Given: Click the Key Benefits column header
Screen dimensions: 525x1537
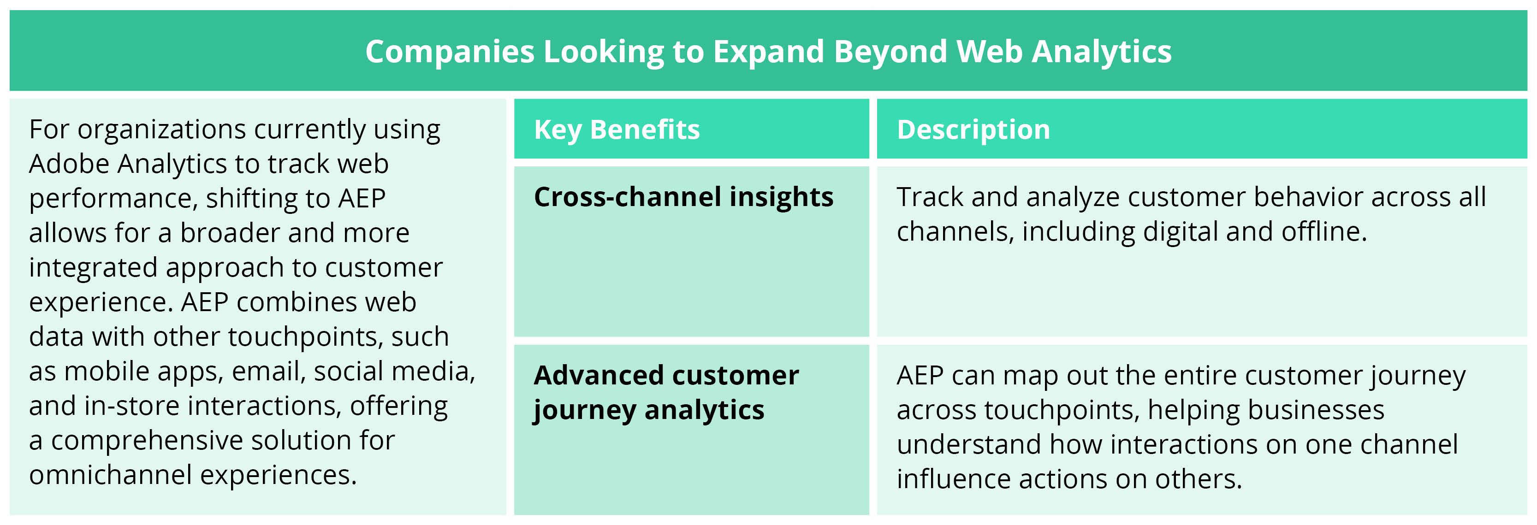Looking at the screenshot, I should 617,130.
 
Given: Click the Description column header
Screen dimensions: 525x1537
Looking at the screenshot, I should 973,130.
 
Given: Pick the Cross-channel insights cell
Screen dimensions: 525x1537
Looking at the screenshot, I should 683,197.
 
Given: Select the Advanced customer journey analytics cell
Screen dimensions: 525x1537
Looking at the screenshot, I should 665,392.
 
